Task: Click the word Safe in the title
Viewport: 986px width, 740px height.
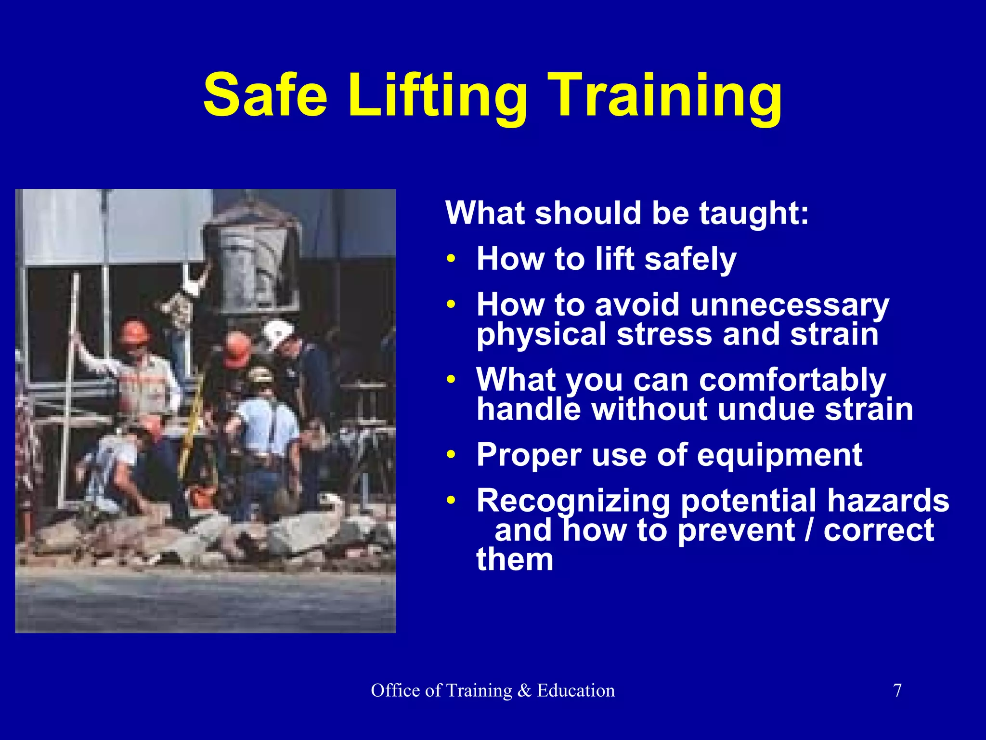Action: (x=265, y=95)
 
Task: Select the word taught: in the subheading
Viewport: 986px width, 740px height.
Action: (x=754, y=213)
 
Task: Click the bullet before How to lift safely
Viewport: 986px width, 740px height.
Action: (x=451, y=259)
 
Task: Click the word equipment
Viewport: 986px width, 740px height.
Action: (x=779, y=455)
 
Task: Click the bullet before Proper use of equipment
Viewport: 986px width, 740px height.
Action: (x=451, y=455)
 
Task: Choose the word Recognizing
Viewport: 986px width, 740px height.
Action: (x=573, y=501)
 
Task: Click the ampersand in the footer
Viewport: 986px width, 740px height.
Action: (x=524, y=691)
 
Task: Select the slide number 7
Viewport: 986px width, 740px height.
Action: (x=897, y=691)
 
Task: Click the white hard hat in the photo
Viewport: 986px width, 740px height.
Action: (x=278, y=333)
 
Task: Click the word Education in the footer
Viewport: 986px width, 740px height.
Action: (x=576, y=691)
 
